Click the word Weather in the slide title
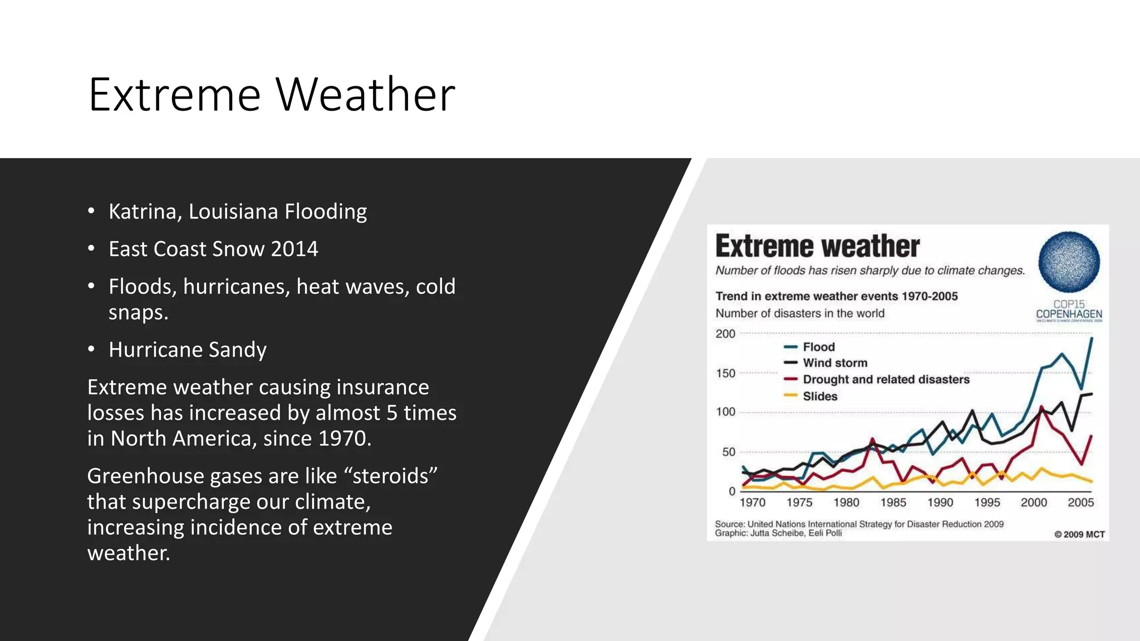tap(365, 95)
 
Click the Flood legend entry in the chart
tap(818, 347)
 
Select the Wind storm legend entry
tap(834, 363)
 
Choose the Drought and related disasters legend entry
tap(885, 379)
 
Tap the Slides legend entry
tap(819, 396)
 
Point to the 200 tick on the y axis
tap(725, 334)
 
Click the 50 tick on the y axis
tap(729, 452)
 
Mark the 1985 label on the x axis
tap(893, 502)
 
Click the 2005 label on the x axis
tap(1080, 502)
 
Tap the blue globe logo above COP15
tap(1069, 262)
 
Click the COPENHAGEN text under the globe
tap(1069, 314)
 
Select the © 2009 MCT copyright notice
tap(1079, 534)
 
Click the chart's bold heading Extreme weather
tap(817, 246)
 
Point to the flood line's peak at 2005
tap(1092, 338)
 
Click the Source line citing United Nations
tap(859, 524)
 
